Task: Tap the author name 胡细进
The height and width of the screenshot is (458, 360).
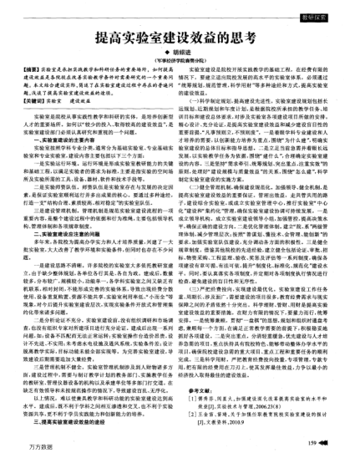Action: coord(183,57)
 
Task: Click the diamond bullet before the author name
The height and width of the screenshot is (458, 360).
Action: coord(166,57)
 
